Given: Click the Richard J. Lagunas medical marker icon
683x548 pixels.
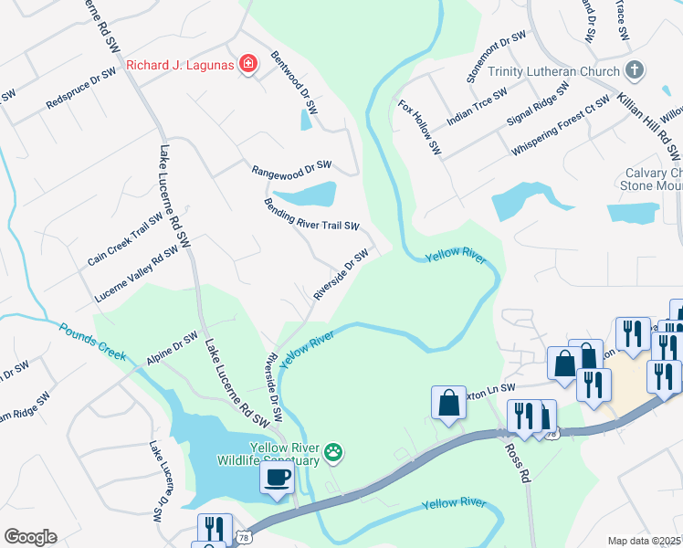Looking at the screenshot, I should (x=247, y=63).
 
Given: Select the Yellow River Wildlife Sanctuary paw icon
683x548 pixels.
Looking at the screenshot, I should (x=335, y=450).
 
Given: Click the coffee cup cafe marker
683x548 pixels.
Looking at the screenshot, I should (x=277, y=476).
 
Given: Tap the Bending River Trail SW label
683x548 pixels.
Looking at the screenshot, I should (x=312, y=214).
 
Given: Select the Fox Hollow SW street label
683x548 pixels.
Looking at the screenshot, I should (x=420, y=127).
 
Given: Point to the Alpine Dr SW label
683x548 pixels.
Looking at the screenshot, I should (x=172, y=350).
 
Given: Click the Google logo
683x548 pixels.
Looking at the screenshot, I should (x=30, y=537).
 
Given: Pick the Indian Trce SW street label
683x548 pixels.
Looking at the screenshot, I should (x=477, y=108).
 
